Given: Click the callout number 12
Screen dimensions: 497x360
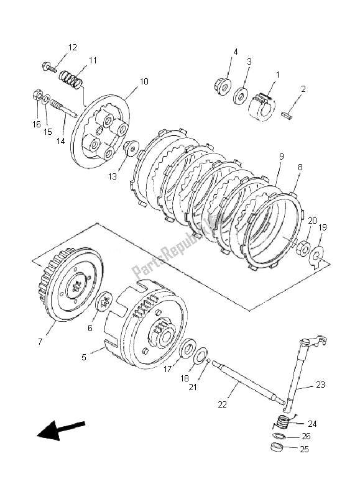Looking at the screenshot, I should [x=73, y=47].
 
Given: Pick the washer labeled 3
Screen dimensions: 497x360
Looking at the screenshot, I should [x=240, y=97].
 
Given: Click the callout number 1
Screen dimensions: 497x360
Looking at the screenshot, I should [x=277, y=75].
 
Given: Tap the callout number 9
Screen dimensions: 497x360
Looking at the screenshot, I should [x=281, y=157].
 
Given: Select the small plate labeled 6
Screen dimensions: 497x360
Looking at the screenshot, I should [x=105, y=303].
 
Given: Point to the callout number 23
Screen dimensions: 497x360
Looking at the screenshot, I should [x=320, y=385].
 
